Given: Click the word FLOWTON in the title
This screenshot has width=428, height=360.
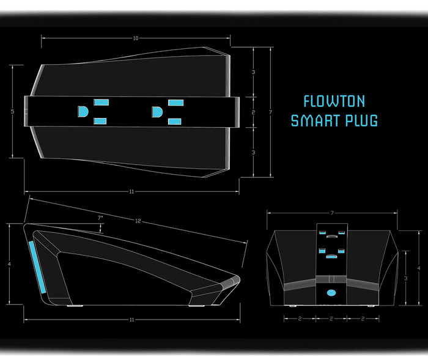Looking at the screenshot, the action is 334,101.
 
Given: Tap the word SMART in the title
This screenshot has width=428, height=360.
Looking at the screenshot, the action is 314,120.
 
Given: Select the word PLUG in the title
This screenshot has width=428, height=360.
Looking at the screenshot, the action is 361,120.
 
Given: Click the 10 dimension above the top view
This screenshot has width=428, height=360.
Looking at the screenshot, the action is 135,39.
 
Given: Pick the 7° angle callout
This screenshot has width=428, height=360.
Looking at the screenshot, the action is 100,218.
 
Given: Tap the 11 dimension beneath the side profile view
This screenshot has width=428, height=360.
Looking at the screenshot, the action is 131,320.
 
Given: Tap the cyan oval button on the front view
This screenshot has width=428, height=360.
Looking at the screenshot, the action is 331,293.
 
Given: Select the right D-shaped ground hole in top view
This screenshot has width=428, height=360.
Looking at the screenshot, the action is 157,112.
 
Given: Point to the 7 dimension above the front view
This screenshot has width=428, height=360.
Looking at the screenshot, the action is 331,213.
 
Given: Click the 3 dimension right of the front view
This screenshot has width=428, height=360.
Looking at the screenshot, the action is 407,278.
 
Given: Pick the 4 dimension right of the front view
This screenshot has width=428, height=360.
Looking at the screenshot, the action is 418,268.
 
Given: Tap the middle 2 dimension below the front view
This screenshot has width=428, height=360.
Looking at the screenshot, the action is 331,319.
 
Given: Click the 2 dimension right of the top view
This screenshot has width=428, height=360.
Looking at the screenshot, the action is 253,112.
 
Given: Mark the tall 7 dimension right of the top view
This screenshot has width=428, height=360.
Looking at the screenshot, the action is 270,112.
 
